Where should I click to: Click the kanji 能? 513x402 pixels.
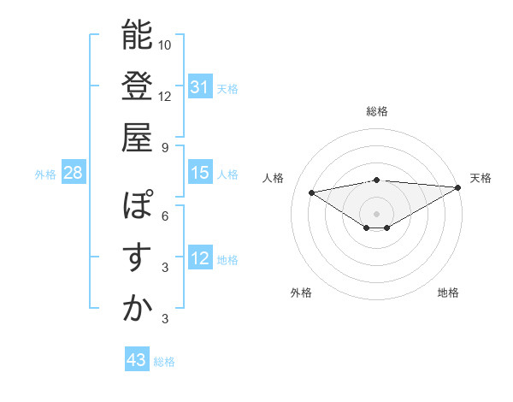pyautogui.click(x=137, y=35)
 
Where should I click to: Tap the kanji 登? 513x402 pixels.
pyautogui.click(x=137, y=86)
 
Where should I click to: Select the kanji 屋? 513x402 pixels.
pyautogui.click(x=137, y=137)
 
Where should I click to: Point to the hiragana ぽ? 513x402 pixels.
pyautogui.click(x=137, y=206)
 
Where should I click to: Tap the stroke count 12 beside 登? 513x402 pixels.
pyautogui.click(x=165, y=96)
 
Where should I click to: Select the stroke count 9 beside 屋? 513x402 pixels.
pyautogui.click(x=165, y=147)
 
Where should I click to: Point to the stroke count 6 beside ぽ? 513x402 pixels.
pyautogui.click(x=165, y=216)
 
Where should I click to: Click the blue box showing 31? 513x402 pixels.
pyautogui.click(x=200, y=86)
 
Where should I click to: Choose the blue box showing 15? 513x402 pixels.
pyautogui.click(x=200, y=173)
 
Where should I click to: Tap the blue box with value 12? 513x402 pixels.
pyautogui.click(x=200, y=259)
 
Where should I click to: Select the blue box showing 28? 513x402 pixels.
pyautogui.click(x=74, y=173)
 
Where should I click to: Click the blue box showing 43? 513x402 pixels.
pyautogui.click(x=137, y=360)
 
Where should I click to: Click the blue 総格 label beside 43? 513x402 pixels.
pyautogui.click(x=164, y=362)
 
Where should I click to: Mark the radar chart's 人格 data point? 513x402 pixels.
pyautogui.click(x=312, y=192)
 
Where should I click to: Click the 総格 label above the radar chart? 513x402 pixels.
pyautogui.click(x=377, y=111)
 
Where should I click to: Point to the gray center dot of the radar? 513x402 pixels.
pyautogui.click(x=376, y=212)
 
